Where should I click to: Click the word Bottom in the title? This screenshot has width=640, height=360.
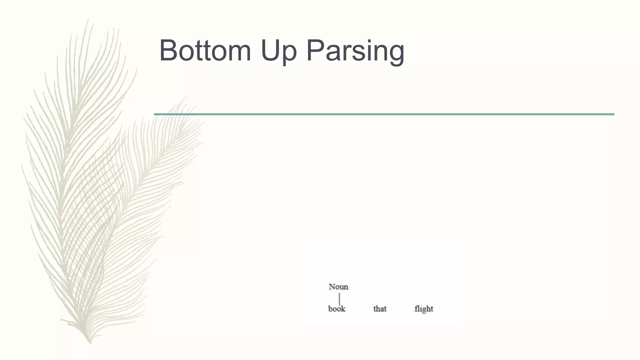tap(205, 51)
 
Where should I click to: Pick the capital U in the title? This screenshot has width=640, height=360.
tap(270, 51)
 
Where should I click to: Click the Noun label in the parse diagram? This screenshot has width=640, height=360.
tap(338, 287)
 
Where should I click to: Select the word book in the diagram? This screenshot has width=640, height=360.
tap(337, 309)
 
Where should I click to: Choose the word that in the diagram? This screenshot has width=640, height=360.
tap(380, 309)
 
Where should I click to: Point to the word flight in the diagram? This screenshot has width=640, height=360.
tap(424, 309)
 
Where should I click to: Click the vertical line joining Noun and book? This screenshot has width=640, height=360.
tap(339, 298)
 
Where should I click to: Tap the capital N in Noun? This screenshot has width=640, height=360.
tap(332, 287)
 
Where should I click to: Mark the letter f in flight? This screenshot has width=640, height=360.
tap(416, 309)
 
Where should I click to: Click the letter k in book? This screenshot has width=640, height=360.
tap(343, 309)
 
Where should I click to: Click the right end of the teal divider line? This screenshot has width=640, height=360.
tap(613, 114)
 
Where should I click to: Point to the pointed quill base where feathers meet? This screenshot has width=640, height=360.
tap(90, 341)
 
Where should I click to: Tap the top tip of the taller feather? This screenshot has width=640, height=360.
tap(88, 20)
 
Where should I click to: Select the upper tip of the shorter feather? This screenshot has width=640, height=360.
tap(187, 97)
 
